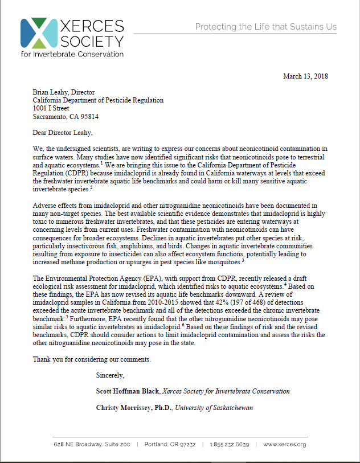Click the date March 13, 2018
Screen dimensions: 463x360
[x=305, y=76]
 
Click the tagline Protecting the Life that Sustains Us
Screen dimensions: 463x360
[x=265, y=27]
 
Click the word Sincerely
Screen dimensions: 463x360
[x=111, y=375]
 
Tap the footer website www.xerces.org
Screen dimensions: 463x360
[x=285, y=444]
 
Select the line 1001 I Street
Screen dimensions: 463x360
[x=51, y=108]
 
